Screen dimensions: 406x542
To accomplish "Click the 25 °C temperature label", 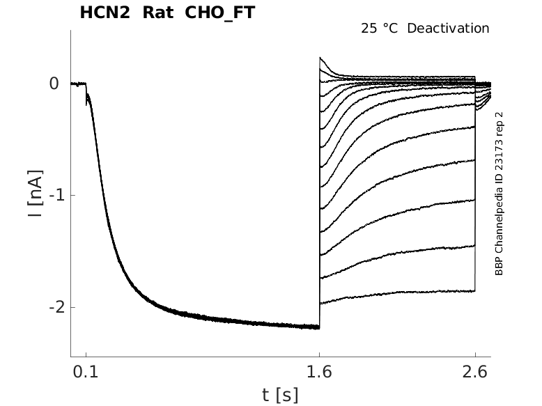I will [x=378, y=29].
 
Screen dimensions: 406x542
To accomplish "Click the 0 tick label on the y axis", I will [x=54, y=84].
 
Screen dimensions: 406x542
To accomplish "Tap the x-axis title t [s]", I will [x=280, y=395].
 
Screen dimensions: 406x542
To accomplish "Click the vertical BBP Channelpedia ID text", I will [x=499, y=194].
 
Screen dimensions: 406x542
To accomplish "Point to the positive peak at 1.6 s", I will [x=320, y=58].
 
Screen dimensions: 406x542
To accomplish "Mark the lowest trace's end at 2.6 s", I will [x=474, y=291].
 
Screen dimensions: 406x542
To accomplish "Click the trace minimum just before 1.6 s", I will [x=318, y=327].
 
